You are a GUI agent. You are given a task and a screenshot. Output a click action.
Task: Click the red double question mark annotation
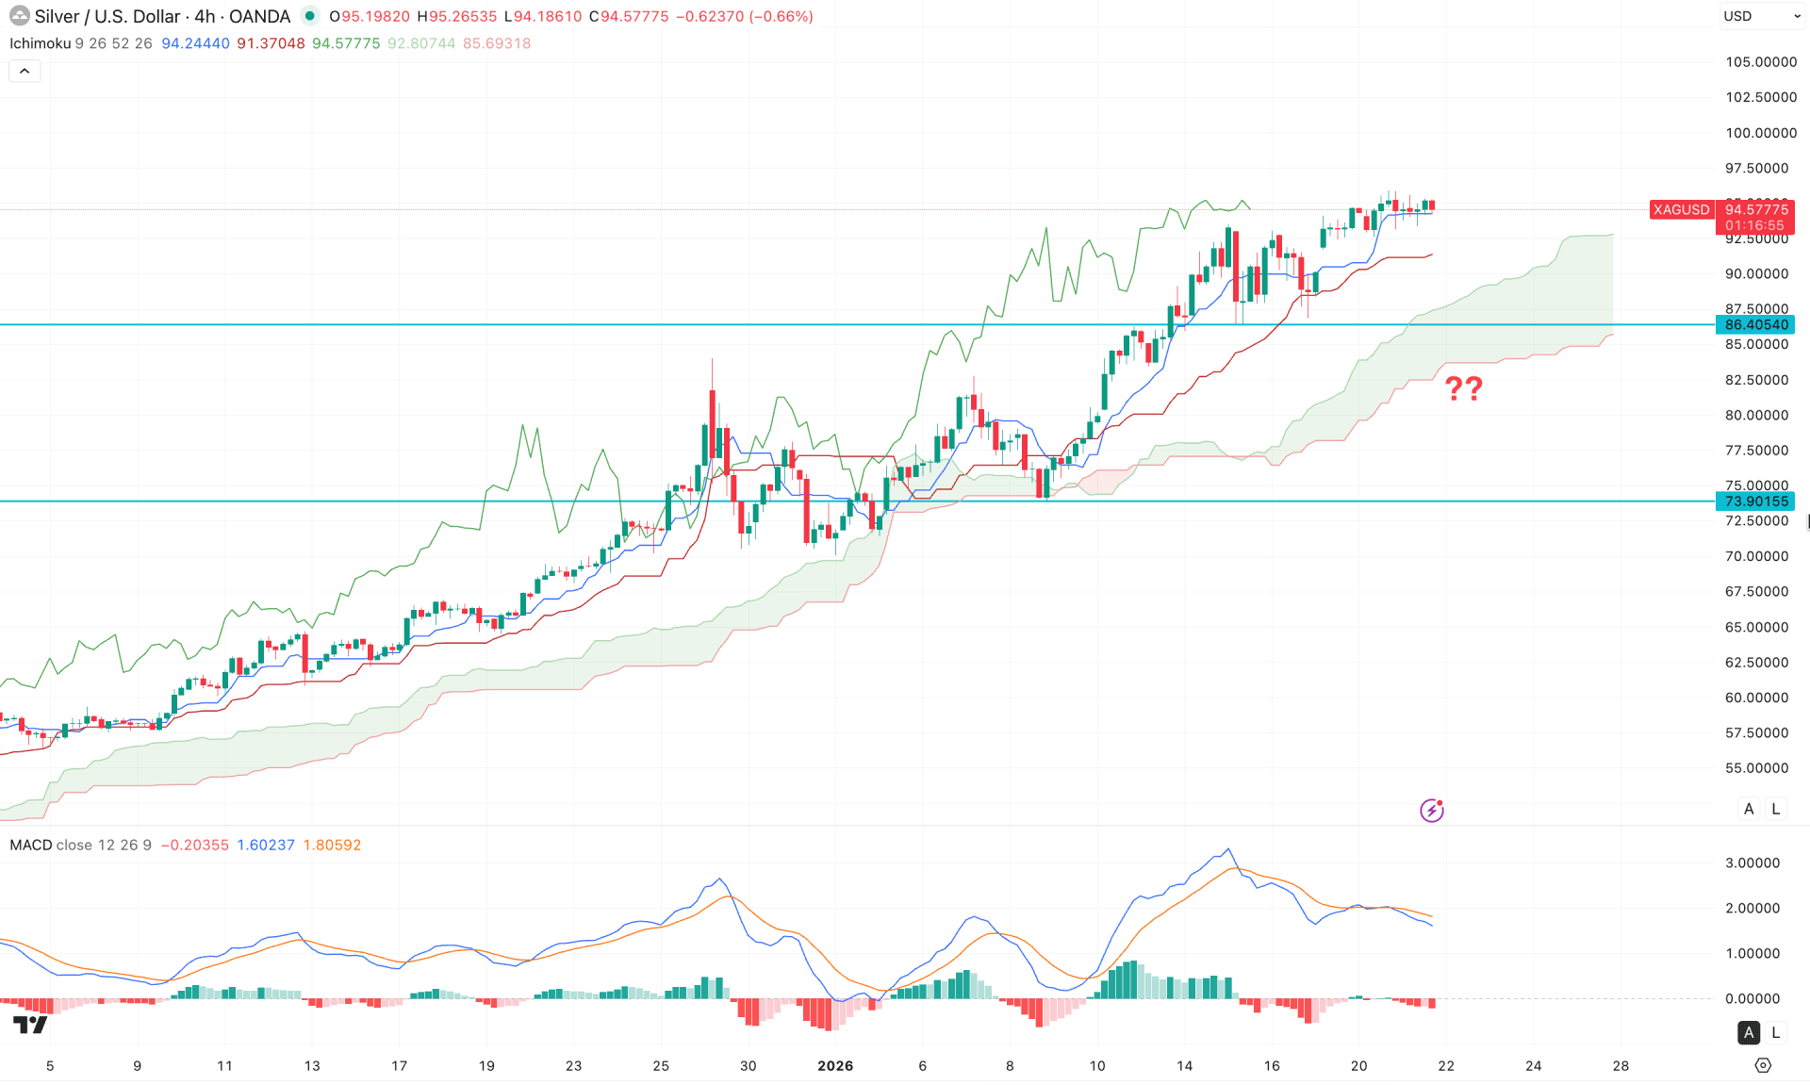tap(1463, 388)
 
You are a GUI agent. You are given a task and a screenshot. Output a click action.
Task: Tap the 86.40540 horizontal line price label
tap(1755, 325)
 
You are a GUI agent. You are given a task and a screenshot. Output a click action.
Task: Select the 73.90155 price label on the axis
tap(1755, 501)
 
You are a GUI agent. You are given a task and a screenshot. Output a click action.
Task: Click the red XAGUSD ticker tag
tap(1681, 209)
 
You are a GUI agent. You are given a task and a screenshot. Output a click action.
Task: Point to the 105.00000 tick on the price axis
tap(1760, 62)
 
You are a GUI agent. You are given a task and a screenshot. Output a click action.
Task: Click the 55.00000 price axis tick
tap(1756, 768)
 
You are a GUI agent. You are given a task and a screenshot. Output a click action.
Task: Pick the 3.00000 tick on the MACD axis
tap(1752, 863)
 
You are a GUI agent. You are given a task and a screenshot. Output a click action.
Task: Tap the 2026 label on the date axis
tap(835, 1066)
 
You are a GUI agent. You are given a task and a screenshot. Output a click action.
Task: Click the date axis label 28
tap(1621, 1066)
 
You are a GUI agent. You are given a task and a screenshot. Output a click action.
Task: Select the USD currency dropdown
tap(1760, 16)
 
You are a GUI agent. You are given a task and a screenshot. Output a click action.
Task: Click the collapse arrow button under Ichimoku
tap(25, 71)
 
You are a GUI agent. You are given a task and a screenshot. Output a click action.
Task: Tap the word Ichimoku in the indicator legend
tap(40, 43)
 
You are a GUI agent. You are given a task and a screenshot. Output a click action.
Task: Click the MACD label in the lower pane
tap(30, 845)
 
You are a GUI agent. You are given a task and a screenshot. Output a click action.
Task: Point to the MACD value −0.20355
tap(194, 845)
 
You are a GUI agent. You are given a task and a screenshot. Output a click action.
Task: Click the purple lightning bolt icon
tap(1432, 810)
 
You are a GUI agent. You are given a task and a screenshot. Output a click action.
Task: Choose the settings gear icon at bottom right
tap(1763, 1065)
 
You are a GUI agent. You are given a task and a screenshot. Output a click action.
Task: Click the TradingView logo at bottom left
tap(30, 1025)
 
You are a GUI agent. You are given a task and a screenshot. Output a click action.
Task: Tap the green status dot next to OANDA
tap(309, 16)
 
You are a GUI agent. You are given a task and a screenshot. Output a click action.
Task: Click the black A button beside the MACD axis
tap(1749, 1032)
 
